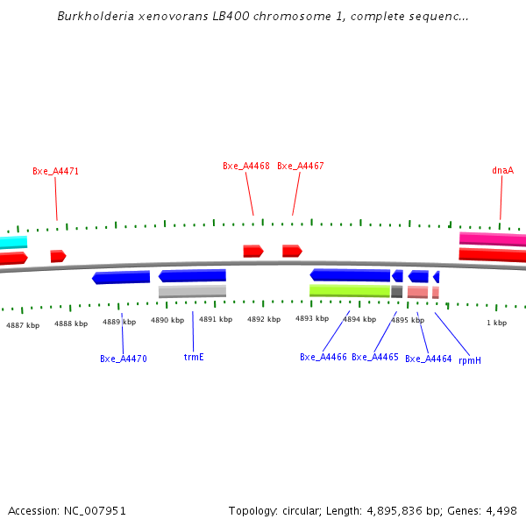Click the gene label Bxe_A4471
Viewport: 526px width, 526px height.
tap(55, 172)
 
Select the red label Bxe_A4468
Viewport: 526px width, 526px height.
tap(245, 166)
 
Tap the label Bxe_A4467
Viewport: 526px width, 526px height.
tap(301, 166)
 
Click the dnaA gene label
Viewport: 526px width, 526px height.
tap(502, 170)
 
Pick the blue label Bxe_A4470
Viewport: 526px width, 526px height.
tap(123, 359)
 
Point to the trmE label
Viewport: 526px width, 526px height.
tap(194, 357)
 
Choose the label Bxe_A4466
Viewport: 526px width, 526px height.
tap(323, 357)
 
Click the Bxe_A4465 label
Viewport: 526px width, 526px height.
tap(375, 357)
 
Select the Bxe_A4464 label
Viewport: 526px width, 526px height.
tap(429, 359)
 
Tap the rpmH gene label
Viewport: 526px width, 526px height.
tap(470, 359)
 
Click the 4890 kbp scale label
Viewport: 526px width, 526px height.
tap(167, 321)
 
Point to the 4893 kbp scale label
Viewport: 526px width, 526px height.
tap(311, 319)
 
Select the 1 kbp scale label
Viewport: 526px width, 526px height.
tap(497, 323)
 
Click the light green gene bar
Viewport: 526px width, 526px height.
tap(350, 290)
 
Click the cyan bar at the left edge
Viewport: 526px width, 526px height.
tap(13, 242)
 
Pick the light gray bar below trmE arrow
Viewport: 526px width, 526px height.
tap(192, 291)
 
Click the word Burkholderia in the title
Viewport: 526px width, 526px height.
tap(96, 17)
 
